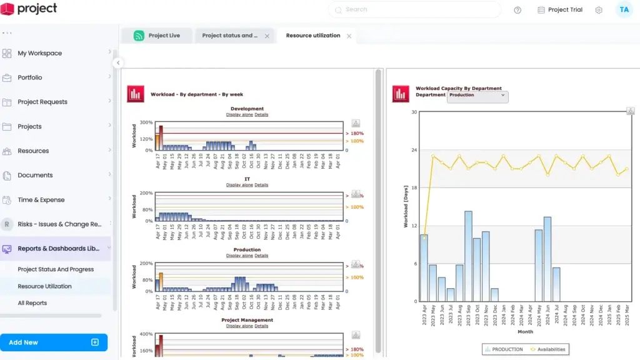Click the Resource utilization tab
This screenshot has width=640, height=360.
coord(312,36)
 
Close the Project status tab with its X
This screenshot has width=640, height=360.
coord(267,36)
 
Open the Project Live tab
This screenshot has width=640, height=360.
coord(164,36)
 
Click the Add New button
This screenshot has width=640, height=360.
coord(54,342)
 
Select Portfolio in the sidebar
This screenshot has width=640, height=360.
coord(30,77)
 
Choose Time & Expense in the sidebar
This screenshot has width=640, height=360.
coord(41,200)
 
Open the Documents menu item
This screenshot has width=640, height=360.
coord(35,176)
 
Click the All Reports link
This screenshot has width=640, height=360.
coord(32,303)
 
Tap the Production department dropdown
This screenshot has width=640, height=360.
coord(477,96)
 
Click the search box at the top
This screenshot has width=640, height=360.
coord(414,10)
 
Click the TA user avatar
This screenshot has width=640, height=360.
coord(624,10)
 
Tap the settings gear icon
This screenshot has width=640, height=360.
coord(599,10)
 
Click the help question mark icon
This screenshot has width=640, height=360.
coord(517,10)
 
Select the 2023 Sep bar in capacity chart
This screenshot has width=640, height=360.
coord(468,256)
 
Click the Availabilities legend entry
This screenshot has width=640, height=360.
coord(548,349)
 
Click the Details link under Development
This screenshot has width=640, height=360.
coord(261,115)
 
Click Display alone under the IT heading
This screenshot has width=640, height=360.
coord(239,185)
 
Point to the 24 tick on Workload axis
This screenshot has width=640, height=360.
coord(413,150)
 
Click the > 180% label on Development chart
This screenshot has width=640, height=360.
coord(354,134)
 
